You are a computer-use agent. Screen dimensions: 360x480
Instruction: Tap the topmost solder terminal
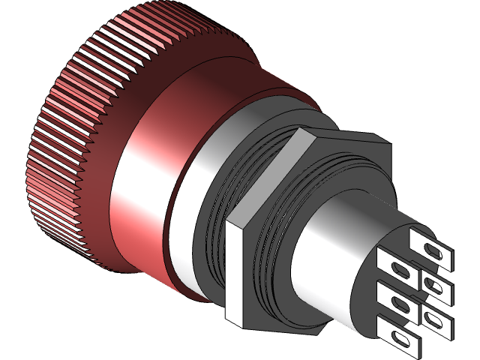pyautogui.click(x=431, y=248)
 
